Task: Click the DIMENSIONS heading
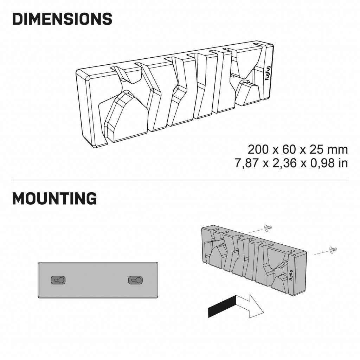click(62, 19)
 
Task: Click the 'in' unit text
click(344, 163)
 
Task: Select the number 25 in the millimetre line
click(317, 149)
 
